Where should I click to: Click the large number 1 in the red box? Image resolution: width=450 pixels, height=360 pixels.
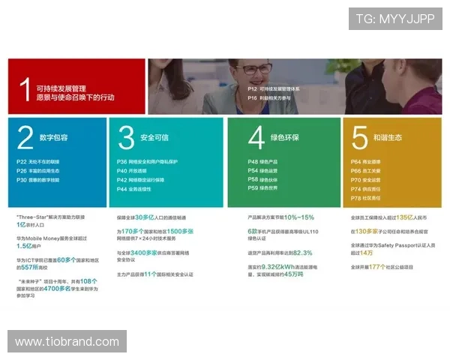(26, 88)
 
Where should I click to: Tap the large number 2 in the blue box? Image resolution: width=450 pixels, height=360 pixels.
(25, 138)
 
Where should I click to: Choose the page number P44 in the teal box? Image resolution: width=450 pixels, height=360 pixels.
(121, 189)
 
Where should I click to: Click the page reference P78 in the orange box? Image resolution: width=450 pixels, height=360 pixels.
(355, 198)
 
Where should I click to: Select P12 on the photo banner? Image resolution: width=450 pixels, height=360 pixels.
(252, 88)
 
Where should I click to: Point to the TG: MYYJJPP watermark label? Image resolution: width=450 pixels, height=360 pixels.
(395, 19)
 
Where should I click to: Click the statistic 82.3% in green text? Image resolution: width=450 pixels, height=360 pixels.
(302, 253)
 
